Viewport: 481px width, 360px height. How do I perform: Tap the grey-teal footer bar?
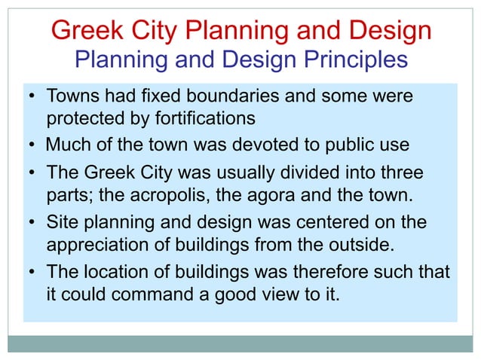(x=240, y=343)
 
